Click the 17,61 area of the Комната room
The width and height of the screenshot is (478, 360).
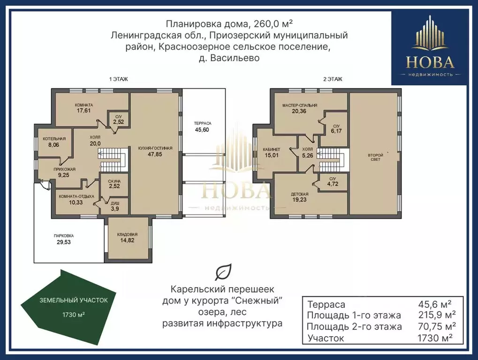click(83, 111)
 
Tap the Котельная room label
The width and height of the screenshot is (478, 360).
click(54, 139)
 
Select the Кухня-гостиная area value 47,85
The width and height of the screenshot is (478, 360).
click(155, 154)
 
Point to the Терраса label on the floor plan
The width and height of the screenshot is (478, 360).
click(203, 123)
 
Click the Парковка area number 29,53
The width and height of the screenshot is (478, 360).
click(64, 242)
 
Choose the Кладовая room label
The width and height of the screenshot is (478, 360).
click(127, 235)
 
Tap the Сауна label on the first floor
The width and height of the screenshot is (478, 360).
click(114, 182)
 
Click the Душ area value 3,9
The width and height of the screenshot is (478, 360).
click(115, 209)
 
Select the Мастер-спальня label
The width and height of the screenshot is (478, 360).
click(299, 106)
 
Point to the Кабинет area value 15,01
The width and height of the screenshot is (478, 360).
click(271, 155)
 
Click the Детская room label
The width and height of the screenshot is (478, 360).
click(299, 194)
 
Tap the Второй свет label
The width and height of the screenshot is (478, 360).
click(375, 157)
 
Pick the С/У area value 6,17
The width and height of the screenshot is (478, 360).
click(336, 131)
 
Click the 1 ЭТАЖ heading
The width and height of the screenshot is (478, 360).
click(118, 79)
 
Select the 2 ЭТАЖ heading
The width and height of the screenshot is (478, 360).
click(333, 79)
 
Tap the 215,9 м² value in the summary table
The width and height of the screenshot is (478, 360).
click(437, 315)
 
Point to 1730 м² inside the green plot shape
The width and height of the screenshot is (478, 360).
click(74, 314)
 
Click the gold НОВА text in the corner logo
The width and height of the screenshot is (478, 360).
click(430, 62)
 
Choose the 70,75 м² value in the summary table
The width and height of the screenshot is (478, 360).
click(437, 326)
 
